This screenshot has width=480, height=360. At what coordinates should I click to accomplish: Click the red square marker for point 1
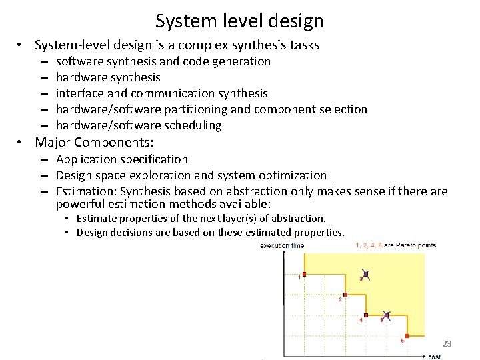pyautogui.click(x=304, y=275)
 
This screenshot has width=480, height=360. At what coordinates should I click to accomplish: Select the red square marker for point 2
pyautogui.click(x=345, y=294)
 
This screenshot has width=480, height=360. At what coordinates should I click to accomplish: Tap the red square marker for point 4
pyautogui.click(x=366, y=315)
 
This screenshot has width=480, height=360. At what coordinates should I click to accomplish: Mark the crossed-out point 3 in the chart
pyautogui.click(x=366, y=274)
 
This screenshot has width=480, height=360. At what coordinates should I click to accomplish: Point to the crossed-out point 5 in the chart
pyautogui.click(x=387, y=315)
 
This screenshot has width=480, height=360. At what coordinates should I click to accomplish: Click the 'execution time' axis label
pyautogui.click(x=282, y=246)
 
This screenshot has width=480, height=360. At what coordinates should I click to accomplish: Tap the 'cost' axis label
pyautogui.click(x=434, y=357)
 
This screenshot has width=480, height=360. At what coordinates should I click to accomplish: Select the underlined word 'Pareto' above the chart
pyautogui.click(x=406, y=245)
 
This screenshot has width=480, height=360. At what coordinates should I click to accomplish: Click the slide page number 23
pyautogui.click(x=447, y=344)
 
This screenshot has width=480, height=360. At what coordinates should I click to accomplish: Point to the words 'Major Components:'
pyautogui.click(x=94, y=142)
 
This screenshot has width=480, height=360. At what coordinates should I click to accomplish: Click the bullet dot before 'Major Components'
pyautogui.click(x=22, y=142)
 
